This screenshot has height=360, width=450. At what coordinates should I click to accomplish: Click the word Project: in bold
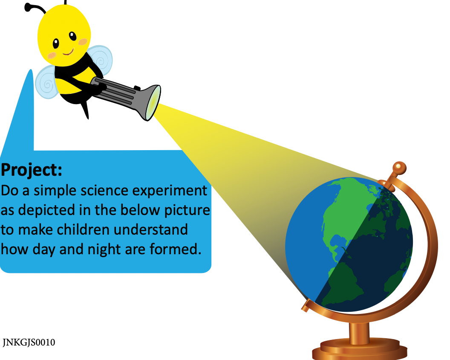click(32, 170)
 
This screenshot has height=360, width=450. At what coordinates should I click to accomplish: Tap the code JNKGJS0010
click(29, 343)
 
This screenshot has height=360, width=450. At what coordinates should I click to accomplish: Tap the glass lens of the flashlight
click(153, 103)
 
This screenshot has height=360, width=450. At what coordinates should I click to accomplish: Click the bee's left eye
click(56, 43)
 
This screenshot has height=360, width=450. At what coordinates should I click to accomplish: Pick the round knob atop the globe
click(398, 166)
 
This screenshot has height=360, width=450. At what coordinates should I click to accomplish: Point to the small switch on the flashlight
click(137, 88)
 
